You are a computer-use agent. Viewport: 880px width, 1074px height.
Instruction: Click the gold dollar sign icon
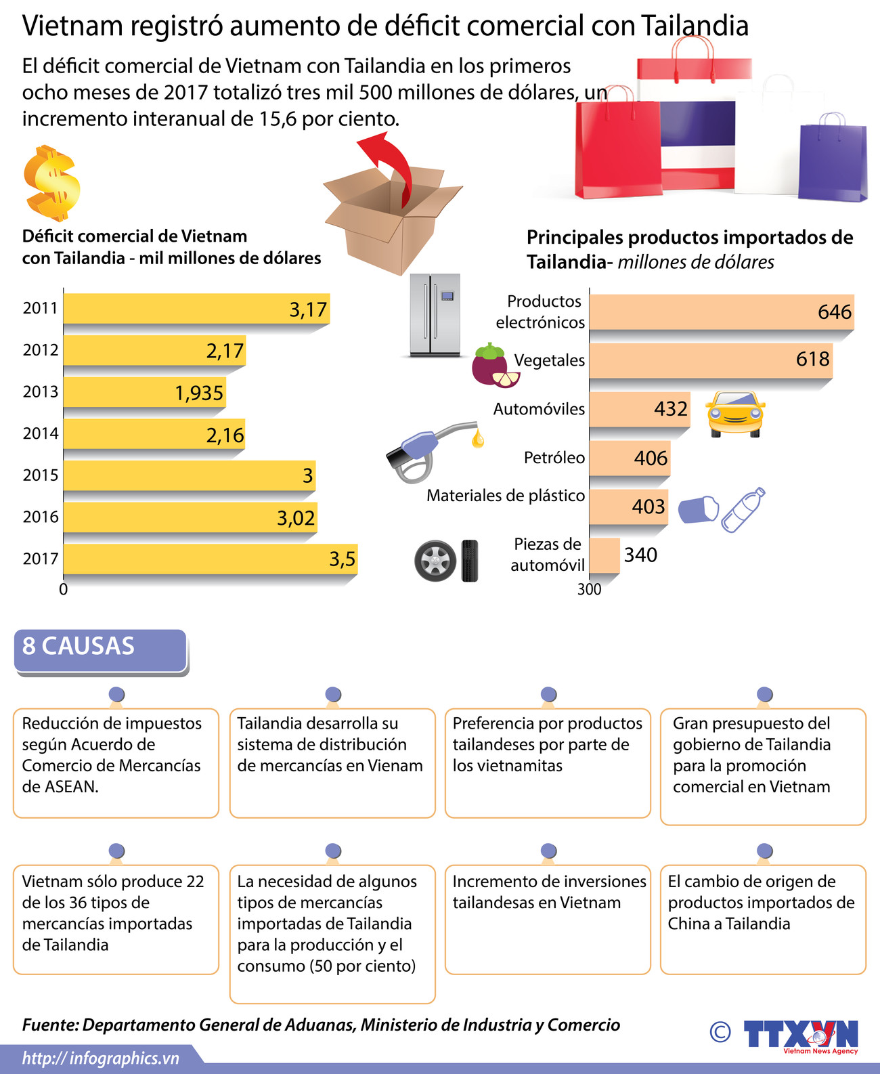(x=51, y=183)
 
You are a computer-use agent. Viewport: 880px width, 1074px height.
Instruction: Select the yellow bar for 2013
(x=144, y=392)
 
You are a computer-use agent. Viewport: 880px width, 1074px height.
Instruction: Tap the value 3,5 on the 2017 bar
(x=342, y=559)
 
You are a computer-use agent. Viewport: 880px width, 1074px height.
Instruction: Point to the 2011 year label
(x=40, y=308)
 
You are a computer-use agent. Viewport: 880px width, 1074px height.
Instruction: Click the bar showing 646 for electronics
(x=721, y=312)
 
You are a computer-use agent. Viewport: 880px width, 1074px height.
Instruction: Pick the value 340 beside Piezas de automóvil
(x=640, y=555)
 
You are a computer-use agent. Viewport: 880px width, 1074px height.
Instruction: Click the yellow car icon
(x=734, y=414)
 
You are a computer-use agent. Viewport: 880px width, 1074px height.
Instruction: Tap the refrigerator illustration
(x=435, y=315)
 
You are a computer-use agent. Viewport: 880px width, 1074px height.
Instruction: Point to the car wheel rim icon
(x=435, y=561)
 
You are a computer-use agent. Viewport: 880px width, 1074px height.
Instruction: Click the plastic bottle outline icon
(x=743, y=509)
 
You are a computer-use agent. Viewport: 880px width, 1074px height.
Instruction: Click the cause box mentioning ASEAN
(x=116, y=763)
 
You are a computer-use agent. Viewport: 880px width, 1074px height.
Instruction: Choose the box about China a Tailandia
(x=763, y=919)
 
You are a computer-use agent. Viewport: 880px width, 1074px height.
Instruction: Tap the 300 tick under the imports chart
(x=589, y=590)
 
